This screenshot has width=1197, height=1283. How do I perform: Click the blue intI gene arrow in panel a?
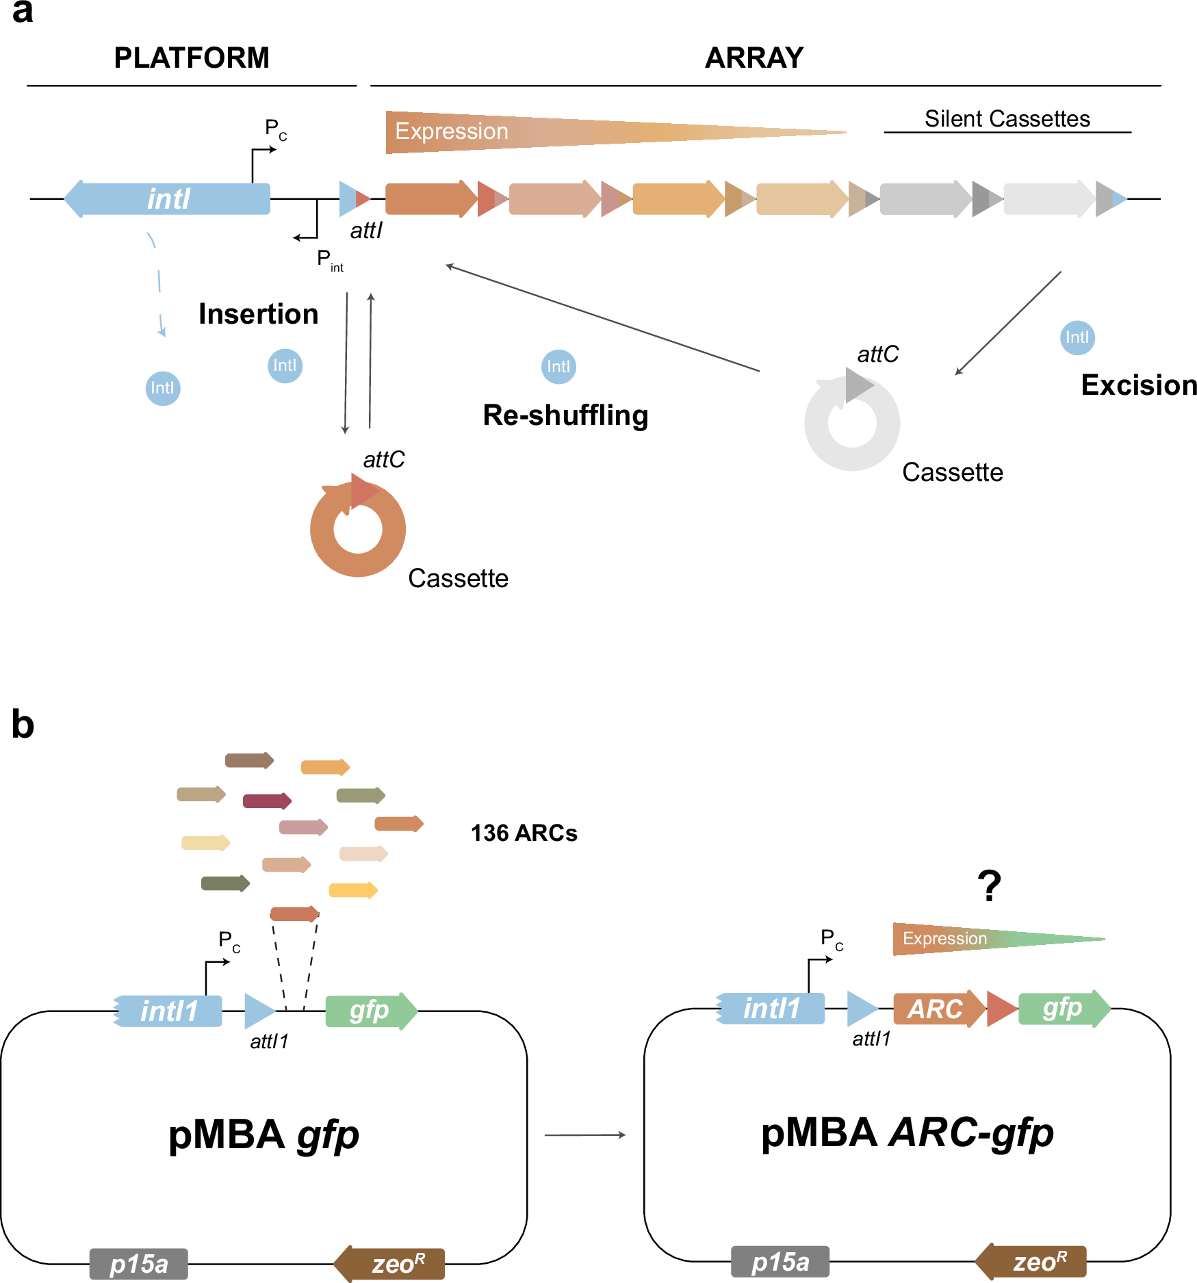tap(168, 199)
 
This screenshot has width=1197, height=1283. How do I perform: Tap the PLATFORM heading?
tap(192, 58)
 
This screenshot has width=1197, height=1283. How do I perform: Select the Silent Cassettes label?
tap(1007, 119)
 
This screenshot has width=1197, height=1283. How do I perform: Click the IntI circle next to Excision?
tap(1077, 337)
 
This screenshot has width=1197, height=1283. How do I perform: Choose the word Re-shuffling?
tap(565, 415)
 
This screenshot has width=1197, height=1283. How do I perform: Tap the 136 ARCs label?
tap(524, 833)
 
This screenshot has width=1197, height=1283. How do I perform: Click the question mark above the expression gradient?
tap(990, 885)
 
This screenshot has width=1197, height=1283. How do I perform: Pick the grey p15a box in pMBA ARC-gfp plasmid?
tap(780, 1261)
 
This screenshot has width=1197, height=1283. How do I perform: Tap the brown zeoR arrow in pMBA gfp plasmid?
tap(390, 1263)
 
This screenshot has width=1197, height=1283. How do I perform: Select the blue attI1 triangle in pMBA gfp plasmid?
tap(258, 1011)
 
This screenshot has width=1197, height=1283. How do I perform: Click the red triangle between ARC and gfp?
tap(1001, 1009)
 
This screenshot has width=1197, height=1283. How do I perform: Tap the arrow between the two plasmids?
tap(585, 1135)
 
